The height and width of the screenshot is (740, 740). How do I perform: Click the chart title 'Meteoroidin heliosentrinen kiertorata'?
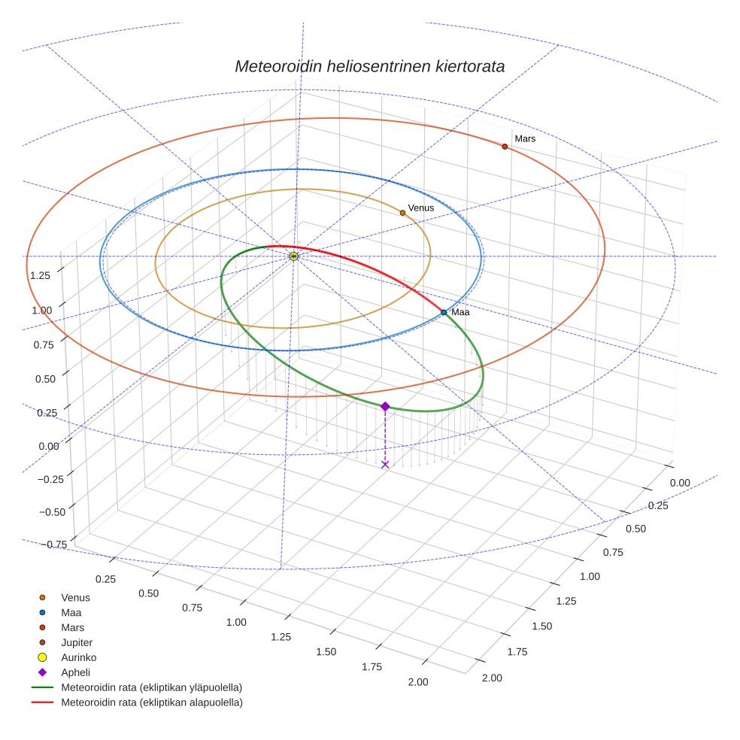pos(369,66)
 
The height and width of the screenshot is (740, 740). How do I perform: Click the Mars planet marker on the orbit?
pos(505,147)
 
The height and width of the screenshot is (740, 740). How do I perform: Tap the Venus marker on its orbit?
pos(402,213)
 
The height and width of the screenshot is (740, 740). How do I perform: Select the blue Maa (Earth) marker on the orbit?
pos(444,312)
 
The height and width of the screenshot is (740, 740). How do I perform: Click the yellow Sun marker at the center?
pos(293,256)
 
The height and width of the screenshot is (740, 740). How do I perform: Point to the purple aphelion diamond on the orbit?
pos(385,406)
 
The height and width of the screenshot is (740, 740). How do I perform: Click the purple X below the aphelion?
pos(385,465)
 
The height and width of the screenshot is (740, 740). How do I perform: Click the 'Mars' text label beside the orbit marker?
pos(525,138)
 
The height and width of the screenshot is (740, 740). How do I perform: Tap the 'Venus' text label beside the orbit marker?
pos(421,208)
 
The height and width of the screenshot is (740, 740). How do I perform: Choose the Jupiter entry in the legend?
pos(76,642)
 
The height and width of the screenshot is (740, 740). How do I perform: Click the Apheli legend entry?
pos(75,672)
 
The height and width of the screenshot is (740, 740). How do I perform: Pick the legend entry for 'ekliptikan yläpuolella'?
pos(150,687)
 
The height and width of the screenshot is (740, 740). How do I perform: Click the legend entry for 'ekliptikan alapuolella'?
pos(150,702)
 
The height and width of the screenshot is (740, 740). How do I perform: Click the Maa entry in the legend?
pos(71,612)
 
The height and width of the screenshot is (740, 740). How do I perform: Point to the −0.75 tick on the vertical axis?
pos(52,544)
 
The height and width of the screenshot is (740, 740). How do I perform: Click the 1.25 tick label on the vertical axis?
pos(41,275)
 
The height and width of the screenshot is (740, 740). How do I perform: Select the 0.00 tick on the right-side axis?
pos(679,483)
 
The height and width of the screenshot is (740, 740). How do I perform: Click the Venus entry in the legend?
pos(75,597)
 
